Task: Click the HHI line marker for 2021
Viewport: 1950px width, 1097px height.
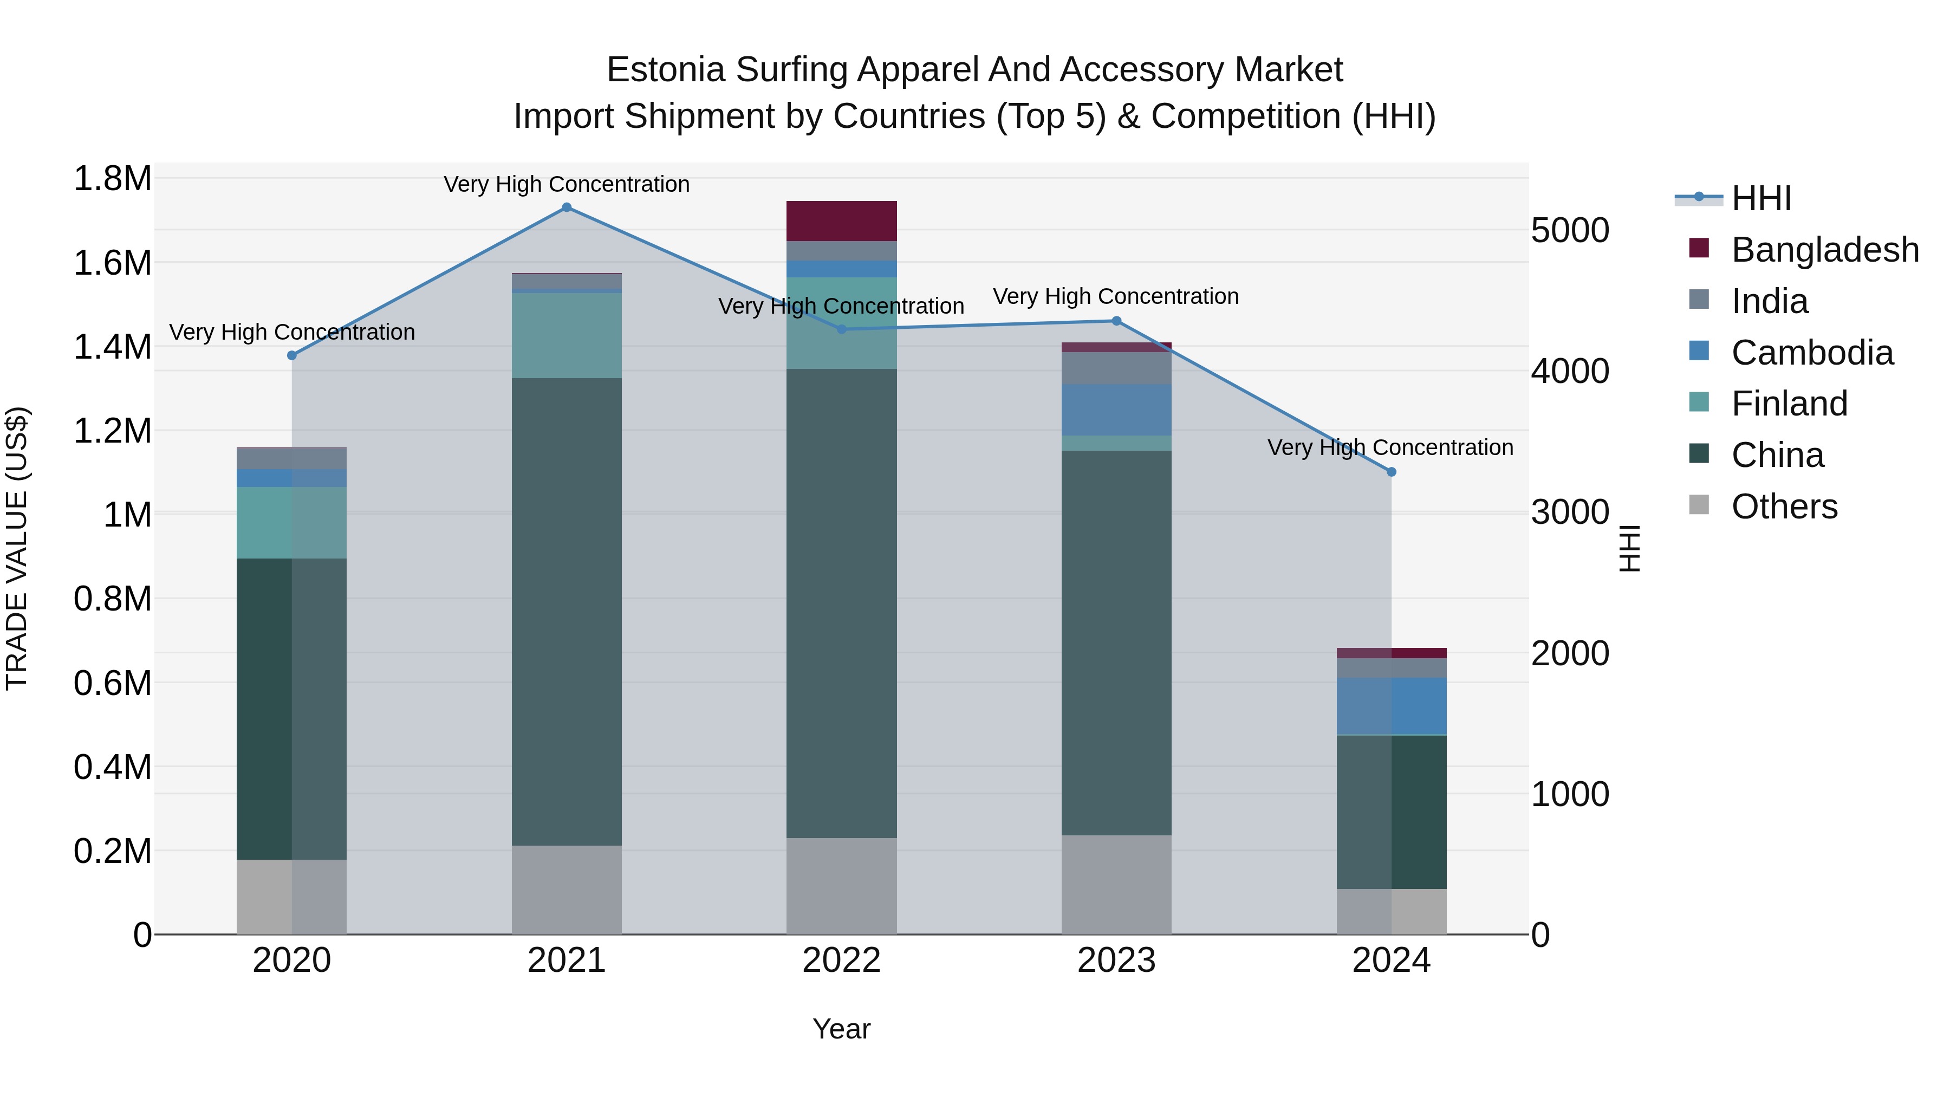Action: [x=566, y=207]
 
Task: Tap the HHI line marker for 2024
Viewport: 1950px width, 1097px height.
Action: [x=1392, y=472]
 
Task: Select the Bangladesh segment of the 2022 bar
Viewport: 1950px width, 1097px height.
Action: [x=841, y=221]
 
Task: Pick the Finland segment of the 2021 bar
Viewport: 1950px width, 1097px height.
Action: [x=566, y=335]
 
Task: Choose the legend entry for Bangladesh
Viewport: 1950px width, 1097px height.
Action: [x=1824, y=250]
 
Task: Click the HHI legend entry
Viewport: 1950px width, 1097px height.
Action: [x=1761, y=198]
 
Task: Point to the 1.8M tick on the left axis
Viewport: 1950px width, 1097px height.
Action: [x=113, y=179]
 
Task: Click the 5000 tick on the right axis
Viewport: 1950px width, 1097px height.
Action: [x=1570, y=230]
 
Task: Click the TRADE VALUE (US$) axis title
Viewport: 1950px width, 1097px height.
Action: [x=17, y=548]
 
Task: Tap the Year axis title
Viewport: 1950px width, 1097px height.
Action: [x=841, y=1029]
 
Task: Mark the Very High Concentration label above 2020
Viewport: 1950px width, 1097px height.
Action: [x=291, y=333]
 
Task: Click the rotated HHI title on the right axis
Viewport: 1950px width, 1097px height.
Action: [x=1628, y=548]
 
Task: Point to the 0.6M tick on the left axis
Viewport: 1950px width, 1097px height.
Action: [x=113, y=683]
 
